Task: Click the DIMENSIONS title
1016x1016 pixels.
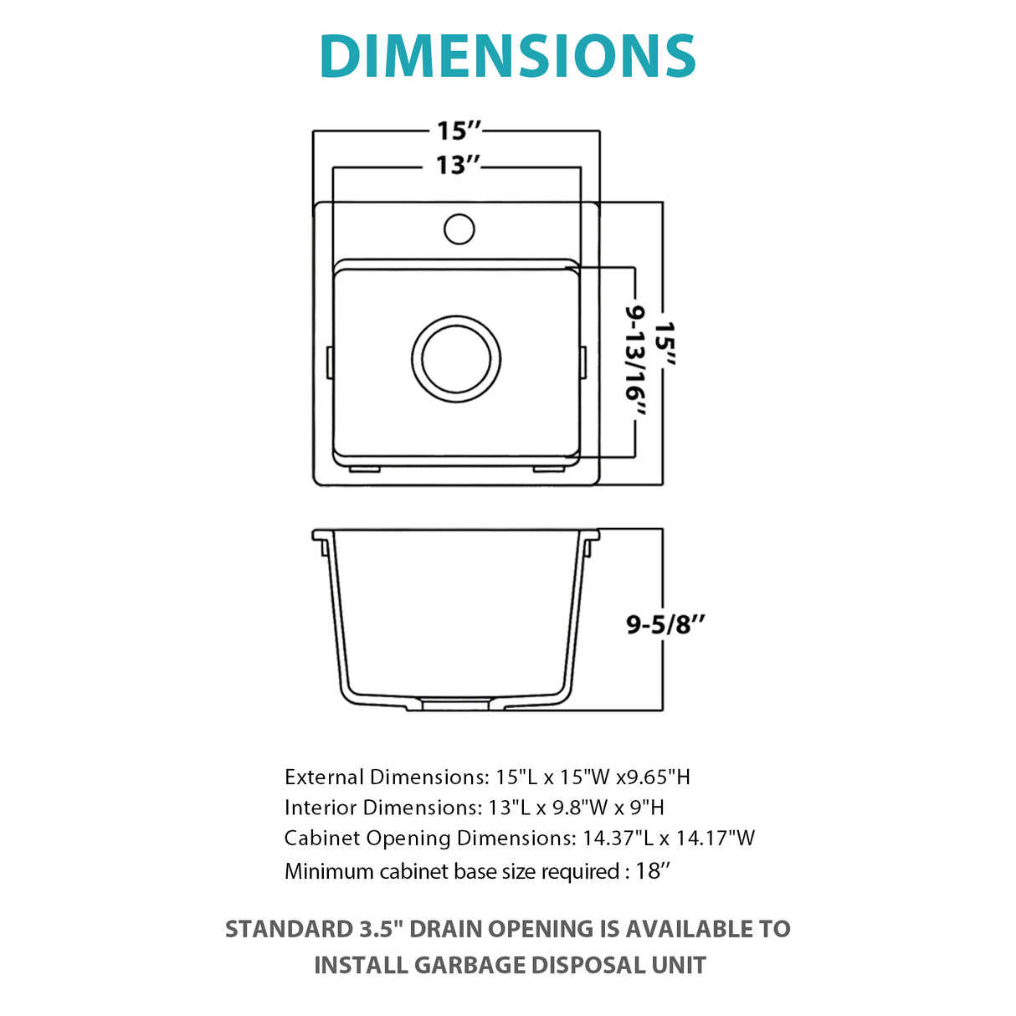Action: point(507,56)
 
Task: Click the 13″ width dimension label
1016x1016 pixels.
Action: point(458,166)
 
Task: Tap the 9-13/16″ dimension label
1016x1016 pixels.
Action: point(635,361)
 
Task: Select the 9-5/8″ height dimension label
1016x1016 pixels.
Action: point(665,624)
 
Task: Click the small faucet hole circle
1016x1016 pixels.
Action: point(459,228)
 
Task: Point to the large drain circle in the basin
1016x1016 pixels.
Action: point(456,360)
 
